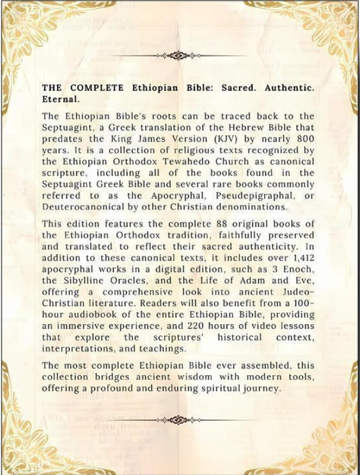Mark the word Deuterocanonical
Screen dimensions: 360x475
[85, 207]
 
